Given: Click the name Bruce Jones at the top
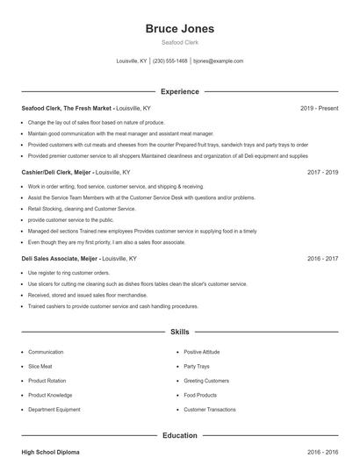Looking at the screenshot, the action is tap(179, 29).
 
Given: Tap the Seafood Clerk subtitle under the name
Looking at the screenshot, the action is tap(179, 43).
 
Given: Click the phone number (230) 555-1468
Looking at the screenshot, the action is tap(170, 61).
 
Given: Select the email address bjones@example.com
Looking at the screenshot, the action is tap(218, 61).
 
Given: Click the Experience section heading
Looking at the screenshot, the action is tap(179, 91).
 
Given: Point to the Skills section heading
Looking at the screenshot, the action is tap(179, 333).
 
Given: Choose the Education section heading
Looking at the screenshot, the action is tap(179, 435).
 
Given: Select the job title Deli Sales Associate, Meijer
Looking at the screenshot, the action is tap(59, 260).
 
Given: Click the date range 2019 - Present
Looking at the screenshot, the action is tap(319, 108).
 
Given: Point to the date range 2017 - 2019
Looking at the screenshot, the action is tap(322, 173).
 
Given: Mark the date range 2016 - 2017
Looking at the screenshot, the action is tap(322, 260).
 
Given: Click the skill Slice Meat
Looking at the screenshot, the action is tap(40, 366).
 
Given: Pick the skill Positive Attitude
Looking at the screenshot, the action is tap(201, 352).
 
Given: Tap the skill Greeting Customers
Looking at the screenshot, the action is tap(205, 381).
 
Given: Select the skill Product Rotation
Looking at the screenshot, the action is tap(47, 381).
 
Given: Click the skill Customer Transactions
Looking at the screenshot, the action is tap(210, 410).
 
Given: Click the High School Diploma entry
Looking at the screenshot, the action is tap(50, 452).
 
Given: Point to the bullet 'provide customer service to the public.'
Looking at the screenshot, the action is tap(70, 220).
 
